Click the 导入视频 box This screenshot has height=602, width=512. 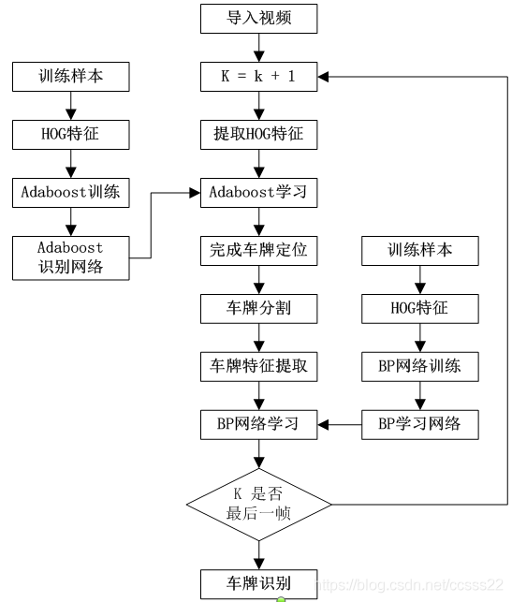258,19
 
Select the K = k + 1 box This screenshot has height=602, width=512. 258,77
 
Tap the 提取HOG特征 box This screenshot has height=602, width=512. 258,135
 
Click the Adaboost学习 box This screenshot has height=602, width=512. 258,192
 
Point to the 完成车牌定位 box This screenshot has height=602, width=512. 258,250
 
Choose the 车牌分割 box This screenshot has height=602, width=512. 258,308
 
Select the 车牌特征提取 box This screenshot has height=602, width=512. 258,366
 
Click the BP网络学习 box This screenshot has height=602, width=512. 258,424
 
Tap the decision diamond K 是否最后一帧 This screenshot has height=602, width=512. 258,504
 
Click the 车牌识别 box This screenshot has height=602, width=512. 258,583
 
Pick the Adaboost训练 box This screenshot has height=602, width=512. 70,192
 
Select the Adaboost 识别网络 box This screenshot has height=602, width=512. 70,257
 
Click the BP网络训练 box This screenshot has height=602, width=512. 420,366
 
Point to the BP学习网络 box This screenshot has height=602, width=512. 420,424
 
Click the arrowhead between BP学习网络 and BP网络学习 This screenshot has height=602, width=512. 323,425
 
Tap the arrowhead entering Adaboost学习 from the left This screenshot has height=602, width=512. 195,193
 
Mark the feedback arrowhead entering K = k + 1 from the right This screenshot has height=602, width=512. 323,77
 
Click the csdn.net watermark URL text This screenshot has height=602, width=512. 409,585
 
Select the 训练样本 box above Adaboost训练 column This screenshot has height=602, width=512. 70,77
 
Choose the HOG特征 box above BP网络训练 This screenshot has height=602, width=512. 420,308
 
